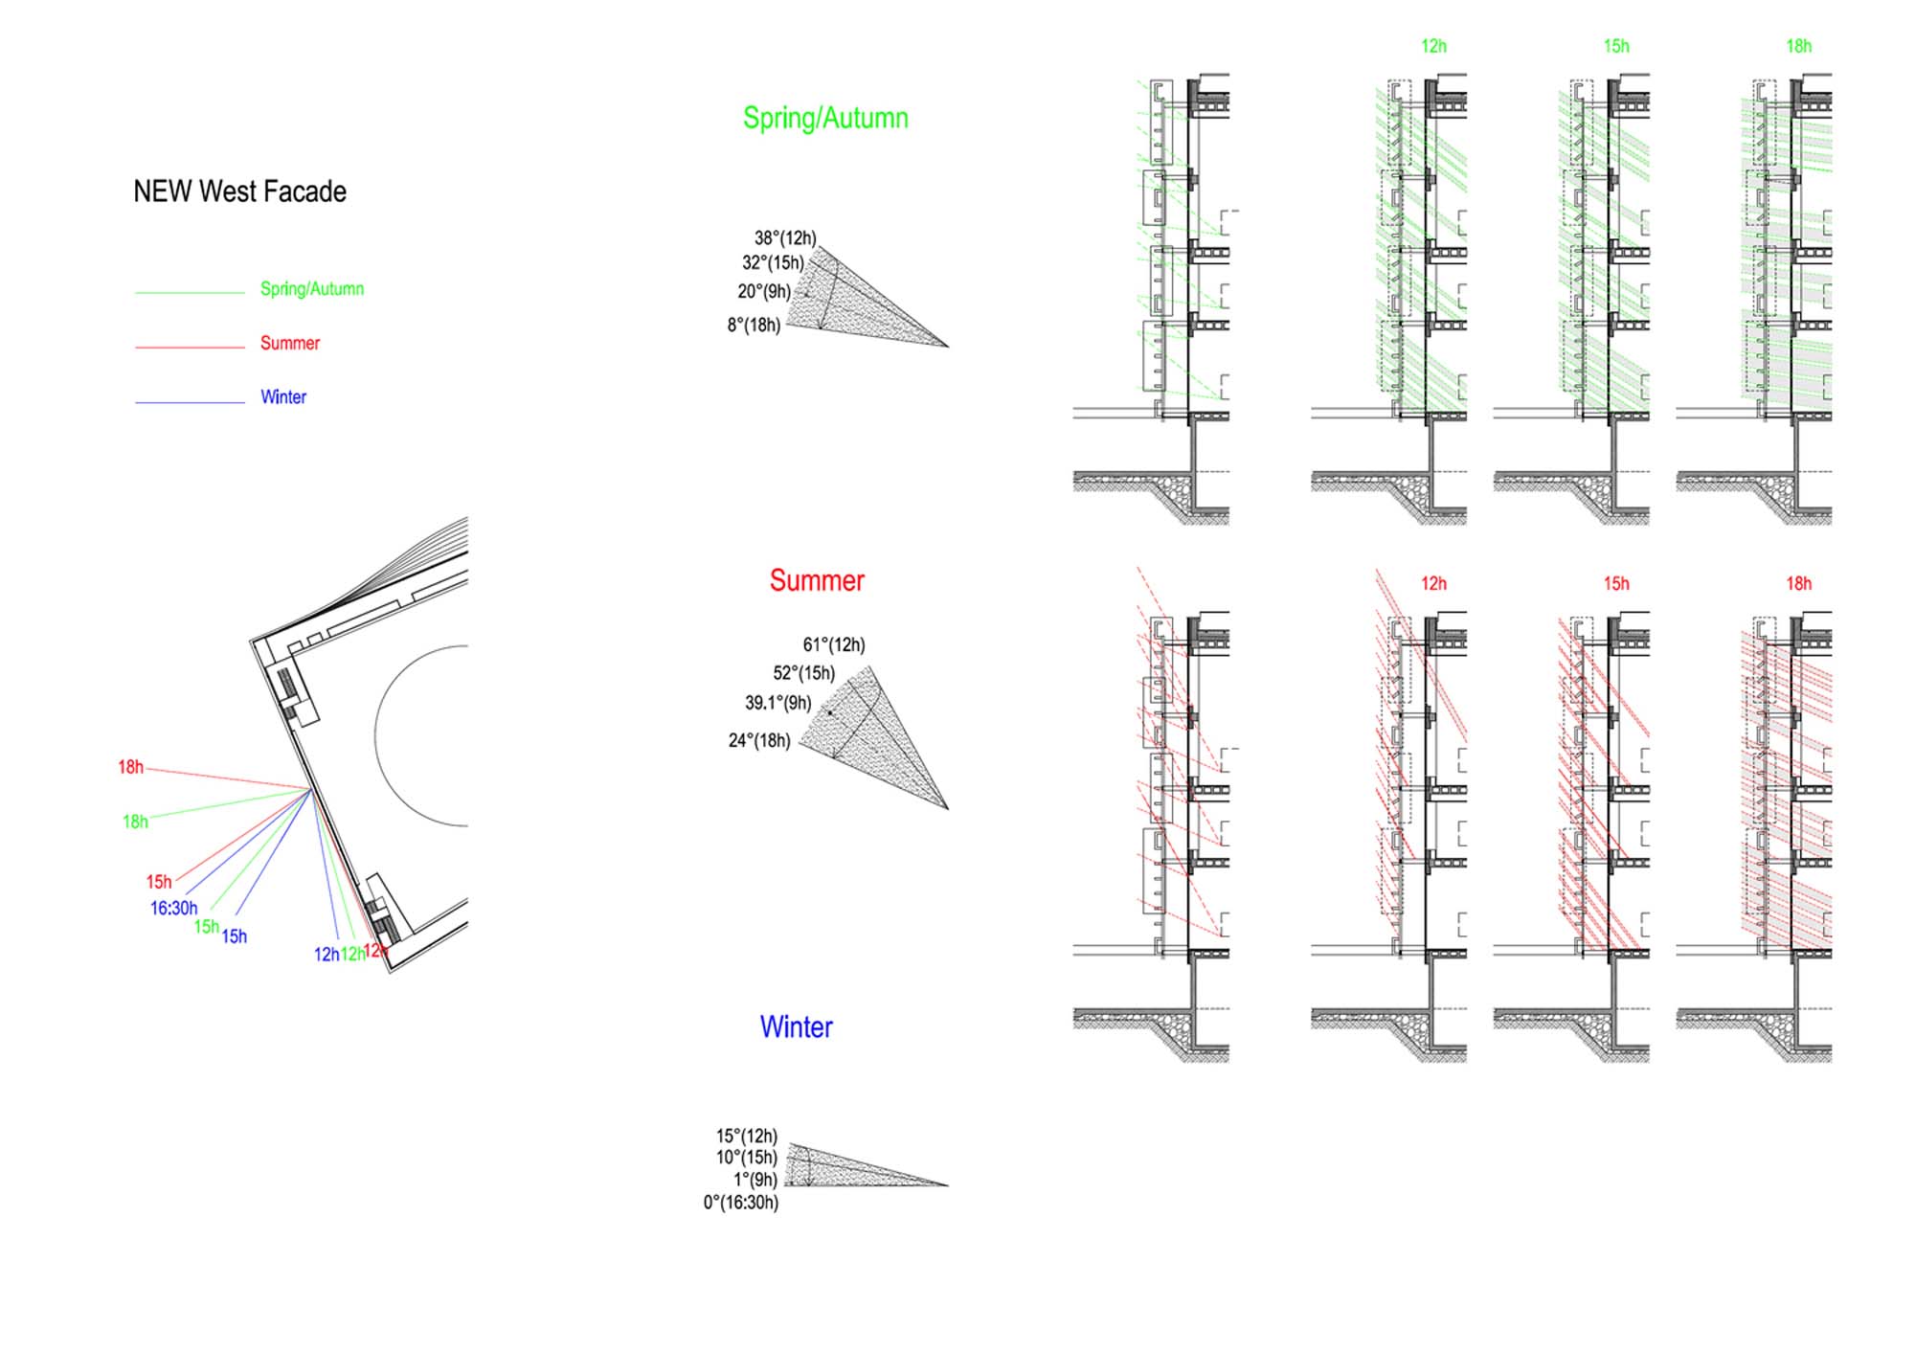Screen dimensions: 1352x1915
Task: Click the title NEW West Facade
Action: click(x=239, y=192)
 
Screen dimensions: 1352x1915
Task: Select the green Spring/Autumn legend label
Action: click(x=312, y=289)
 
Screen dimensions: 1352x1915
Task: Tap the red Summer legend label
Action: click(x=290, y=343)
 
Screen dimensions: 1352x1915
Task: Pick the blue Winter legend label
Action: click(x=283, y=397)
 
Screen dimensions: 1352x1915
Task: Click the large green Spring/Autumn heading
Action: click(x=825, y=118)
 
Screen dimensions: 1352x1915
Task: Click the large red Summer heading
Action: click(x=817, y=580)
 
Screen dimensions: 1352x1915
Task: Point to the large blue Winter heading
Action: click(x=796, y=1027)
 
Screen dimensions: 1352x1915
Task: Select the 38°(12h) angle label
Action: click(x=785, y=238)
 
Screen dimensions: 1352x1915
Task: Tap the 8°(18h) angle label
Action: click(x=754, y=326)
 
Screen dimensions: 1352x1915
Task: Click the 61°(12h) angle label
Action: click(x=834, y=645)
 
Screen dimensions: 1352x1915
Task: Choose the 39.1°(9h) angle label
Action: click(x=778, y=703)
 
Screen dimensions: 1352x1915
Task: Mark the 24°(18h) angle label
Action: click(x=759, y=741)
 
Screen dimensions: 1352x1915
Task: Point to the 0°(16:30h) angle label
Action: click(x=741, y=1203)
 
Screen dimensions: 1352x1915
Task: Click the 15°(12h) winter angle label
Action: click(x=747, y=1137)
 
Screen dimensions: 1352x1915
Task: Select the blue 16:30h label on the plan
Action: click(x=173, y=908)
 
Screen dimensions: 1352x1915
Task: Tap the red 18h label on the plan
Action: click(x=130, y=767)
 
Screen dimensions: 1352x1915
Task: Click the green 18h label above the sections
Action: click(x=1798, y=46)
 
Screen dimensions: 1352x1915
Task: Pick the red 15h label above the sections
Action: click(x=1616, y=583)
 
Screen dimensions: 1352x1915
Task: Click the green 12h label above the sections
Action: click(x=1433, y=46)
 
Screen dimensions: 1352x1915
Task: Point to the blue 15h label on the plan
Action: click(x=235, y=936)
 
